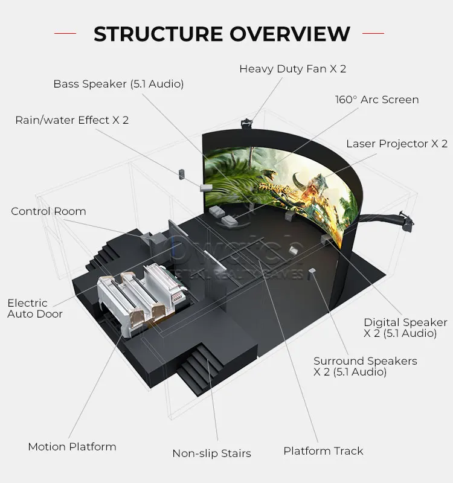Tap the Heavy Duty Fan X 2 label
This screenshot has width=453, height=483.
[x=292, y=69]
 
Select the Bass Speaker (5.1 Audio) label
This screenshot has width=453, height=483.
[x=118, y=84]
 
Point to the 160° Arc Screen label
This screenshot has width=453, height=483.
[x=377, y=100]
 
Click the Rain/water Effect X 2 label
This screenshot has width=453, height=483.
[x=72, y=120]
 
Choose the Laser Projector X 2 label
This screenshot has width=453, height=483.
[x=397, y=144]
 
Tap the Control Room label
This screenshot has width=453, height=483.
[x=48, y=211]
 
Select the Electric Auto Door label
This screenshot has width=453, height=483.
[x=34, y=309]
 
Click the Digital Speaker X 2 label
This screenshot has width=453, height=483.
[x=405, y=328]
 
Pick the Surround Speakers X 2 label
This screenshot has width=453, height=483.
[x=365, y=366]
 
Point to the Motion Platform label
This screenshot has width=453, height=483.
[x=72, y=447]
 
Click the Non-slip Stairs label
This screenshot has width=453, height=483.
[x=211, y=453]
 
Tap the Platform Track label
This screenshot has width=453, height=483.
[x=323, y=451]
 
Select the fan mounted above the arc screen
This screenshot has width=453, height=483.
[x=246, y=121]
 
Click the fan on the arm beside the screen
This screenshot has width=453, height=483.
[x=406, y=220]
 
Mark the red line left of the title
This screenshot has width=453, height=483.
[x=65, y=34]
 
